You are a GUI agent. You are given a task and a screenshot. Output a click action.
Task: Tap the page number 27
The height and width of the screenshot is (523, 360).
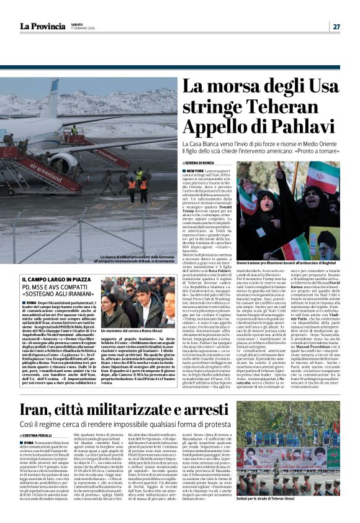click(336, 27)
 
